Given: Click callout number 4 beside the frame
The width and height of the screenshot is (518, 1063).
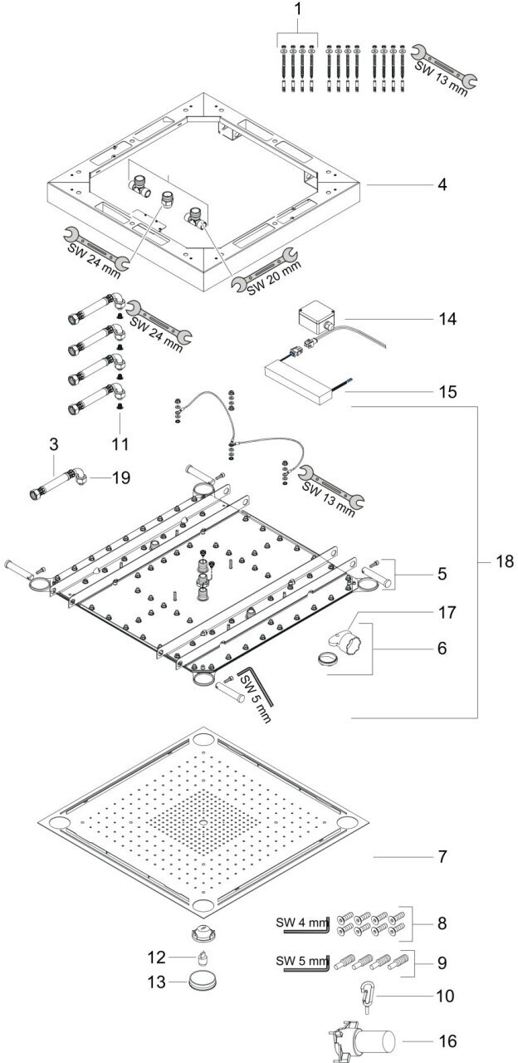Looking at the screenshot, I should pos(443,184).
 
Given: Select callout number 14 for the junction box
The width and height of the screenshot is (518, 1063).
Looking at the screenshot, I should pos(448,319).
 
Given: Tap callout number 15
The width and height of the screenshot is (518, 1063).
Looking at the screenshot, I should pos(448,389).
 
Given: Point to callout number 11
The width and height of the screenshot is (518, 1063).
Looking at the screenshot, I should pos(121,444).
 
